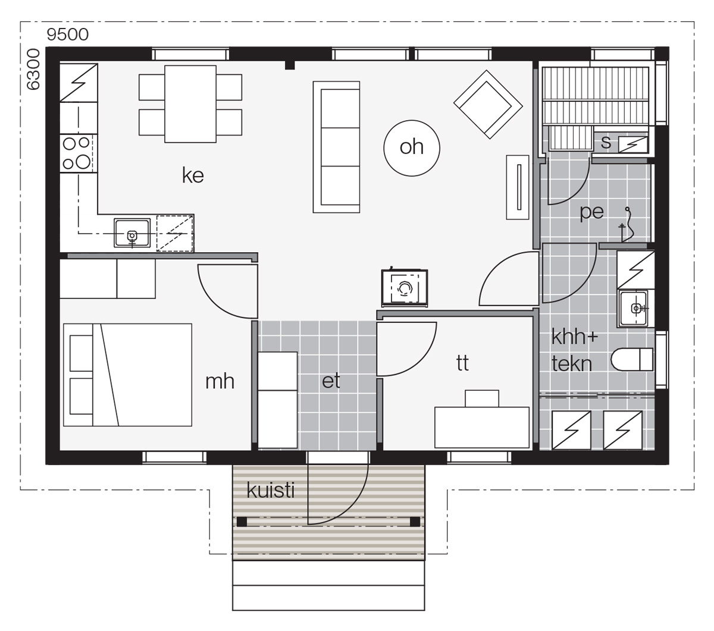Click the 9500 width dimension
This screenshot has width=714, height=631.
67,34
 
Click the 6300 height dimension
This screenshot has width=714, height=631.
33,69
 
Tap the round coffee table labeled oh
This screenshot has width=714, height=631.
411,147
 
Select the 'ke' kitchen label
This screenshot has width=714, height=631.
193,175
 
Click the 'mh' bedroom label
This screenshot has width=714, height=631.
220,381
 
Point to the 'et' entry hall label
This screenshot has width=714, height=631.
331,381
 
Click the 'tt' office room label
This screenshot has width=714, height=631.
462,363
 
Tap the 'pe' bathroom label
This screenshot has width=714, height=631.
591,212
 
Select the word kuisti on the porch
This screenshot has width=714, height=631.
270,490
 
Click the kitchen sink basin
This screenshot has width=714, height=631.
132,233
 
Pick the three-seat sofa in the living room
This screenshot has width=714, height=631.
336,147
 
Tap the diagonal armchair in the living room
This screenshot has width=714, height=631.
488,104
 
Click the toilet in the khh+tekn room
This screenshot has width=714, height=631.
632,359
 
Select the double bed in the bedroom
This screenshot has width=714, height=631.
127,375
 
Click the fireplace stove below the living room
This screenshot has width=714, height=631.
405,288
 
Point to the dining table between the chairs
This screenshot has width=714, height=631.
190,104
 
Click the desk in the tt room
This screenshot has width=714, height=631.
482,428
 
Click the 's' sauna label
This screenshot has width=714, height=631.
606,142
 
